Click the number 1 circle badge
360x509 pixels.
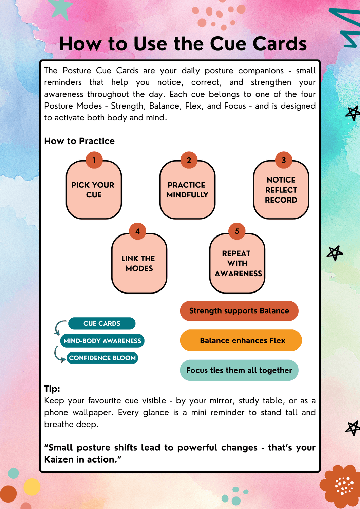pyautogui.click(x=94, y=160)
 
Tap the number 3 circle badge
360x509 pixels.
pyautogui.click(x=284, y=160)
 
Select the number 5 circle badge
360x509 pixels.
pyautogui.click(x=237, y=231)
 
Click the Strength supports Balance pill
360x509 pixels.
pyautogui.click(x=239, y=311)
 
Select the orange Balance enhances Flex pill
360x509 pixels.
pyautogui.click(x=241, y=340)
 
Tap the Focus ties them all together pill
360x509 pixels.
pyautogui.click(x=239, y=370)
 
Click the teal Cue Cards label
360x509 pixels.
pyautogui.click(x=102, y=324)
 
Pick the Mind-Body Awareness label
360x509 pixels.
pyautogui.click(x=102, y=341)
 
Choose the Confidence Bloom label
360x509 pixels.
pyautogui.click(x=102, y=358)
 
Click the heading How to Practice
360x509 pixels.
pyautogui.click(x=79, y=141)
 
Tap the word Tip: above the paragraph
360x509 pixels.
pyautogui.click(x=52, y=389)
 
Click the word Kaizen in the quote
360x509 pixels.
pyautogui.click(x=59, y=459)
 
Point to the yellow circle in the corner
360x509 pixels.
pyautogui.click(x=32, y=487)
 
